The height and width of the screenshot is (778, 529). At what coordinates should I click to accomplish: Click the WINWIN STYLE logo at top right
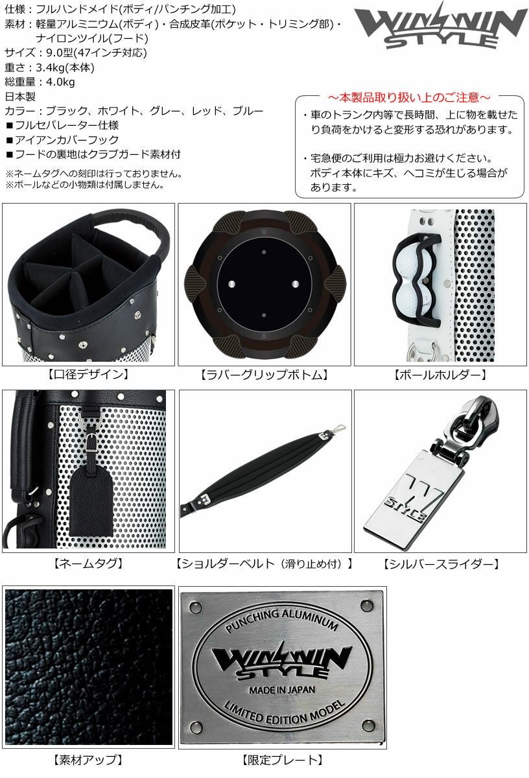440,26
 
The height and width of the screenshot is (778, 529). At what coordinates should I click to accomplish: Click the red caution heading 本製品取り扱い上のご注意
409,98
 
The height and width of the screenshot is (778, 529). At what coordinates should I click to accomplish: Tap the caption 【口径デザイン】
88,374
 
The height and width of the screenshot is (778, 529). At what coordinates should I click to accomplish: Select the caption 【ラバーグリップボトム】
264,375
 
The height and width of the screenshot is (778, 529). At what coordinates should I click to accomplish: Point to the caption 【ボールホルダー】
440,375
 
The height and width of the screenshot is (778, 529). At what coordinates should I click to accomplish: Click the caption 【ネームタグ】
88,563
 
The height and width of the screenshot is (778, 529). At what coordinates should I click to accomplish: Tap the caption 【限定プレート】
283,760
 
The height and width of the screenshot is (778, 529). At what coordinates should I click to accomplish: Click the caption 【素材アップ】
88,760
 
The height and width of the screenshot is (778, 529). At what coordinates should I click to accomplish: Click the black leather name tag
91,500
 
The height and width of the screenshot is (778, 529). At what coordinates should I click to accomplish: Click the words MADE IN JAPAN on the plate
282,689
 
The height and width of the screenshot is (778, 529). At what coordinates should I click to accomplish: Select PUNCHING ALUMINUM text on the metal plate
282,620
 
